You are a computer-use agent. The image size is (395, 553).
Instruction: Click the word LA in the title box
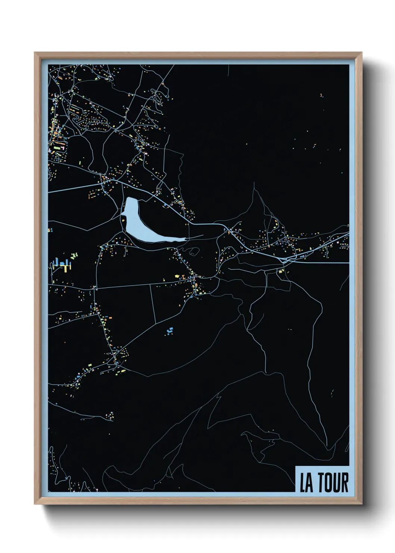(307, 483)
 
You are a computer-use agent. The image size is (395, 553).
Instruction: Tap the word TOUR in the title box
(333, 483)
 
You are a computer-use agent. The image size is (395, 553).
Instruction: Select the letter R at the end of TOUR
(345, 483)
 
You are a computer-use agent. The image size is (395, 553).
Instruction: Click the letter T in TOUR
(320, 483)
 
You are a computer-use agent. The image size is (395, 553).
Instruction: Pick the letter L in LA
(303, 483)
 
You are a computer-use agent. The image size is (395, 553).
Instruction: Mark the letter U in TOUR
(336, 483)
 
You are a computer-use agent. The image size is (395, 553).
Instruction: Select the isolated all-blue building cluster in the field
(169, 331)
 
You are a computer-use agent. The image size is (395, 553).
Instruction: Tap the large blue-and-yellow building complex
(62, 265)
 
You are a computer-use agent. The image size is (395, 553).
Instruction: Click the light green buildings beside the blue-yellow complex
(75, 256)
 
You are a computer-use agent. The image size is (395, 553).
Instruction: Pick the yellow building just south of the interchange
(280, 272)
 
